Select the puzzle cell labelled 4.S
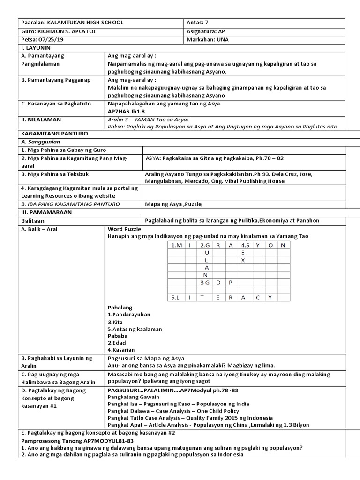pos(244,245)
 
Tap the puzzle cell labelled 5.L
pos(176,297)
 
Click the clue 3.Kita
pos(117,322)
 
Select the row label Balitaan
pos(33,220)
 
